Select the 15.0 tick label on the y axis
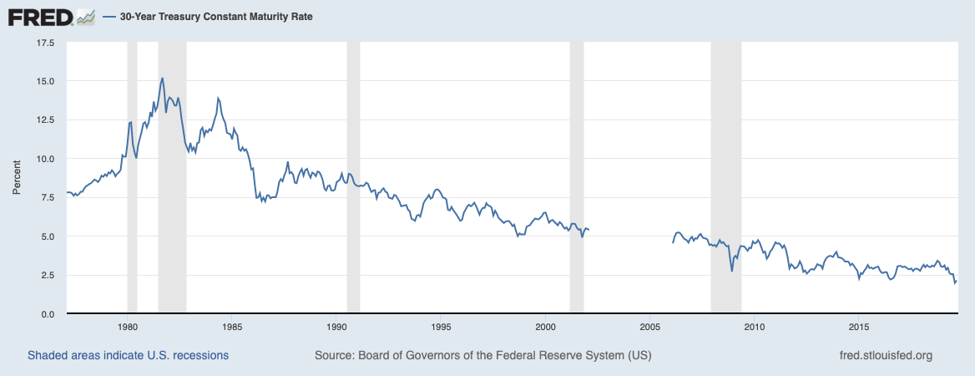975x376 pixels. click(x=44, y=81)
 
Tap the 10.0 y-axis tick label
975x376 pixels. click(x=44, y=159)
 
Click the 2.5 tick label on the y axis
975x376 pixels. click(x=47, y=275)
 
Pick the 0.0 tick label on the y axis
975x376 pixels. click(x=47, y=313)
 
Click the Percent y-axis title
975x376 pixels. click(x=17, y=177)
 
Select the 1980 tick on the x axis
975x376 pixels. click(x=127, y=326)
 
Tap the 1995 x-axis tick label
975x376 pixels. click(x=442, y=326)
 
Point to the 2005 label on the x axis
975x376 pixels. click(x=650, y=326)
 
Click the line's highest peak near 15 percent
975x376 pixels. click(x=162, y=79)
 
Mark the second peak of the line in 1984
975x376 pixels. click(x=218, y=98)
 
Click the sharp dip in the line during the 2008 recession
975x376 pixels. click(x=732, y=270)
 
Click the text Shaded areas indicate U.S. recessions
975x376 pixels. click(x=128, y=355)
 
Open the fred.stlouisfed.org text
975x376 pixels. click(x=886, y=355)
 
